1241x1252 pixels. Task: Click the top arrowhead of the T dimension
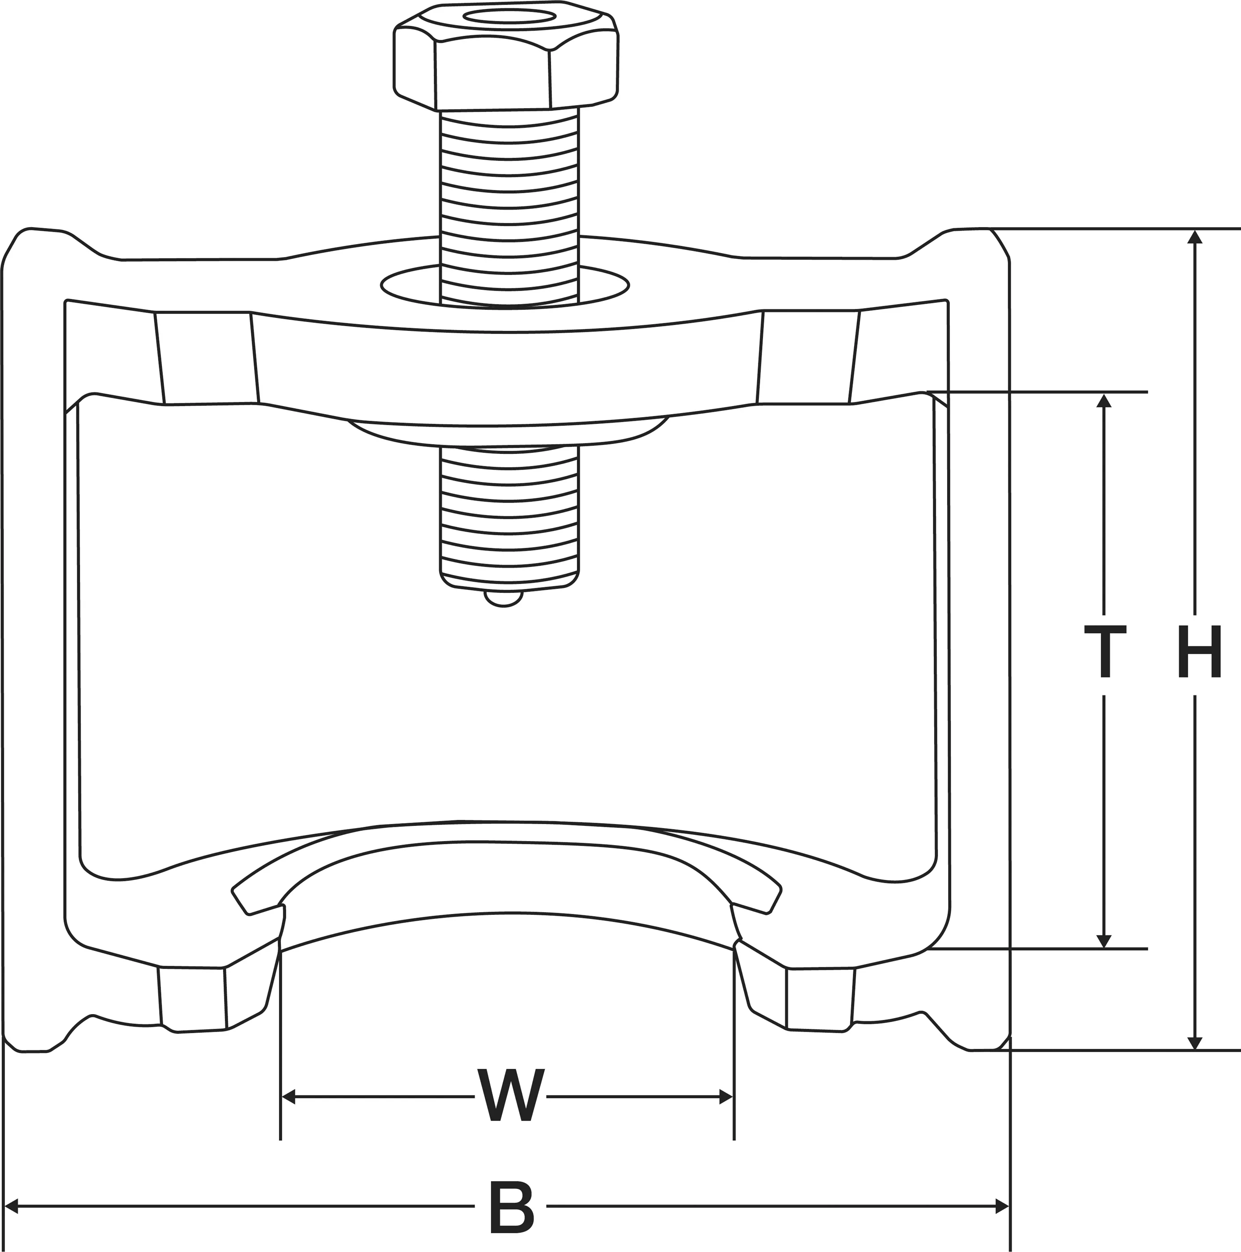point(1104,401)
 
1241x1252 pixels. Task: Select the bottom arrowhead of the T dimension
point(1104,941)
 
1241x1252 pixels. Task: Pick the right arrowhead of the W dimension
point(726,1097)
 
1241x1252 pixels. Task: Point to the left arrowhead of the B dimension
point(11,1207)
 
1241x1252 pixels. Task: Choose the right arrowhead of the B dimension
point(1002,1207)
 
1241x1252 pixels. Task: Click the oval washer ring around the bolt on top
point(408,285)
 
